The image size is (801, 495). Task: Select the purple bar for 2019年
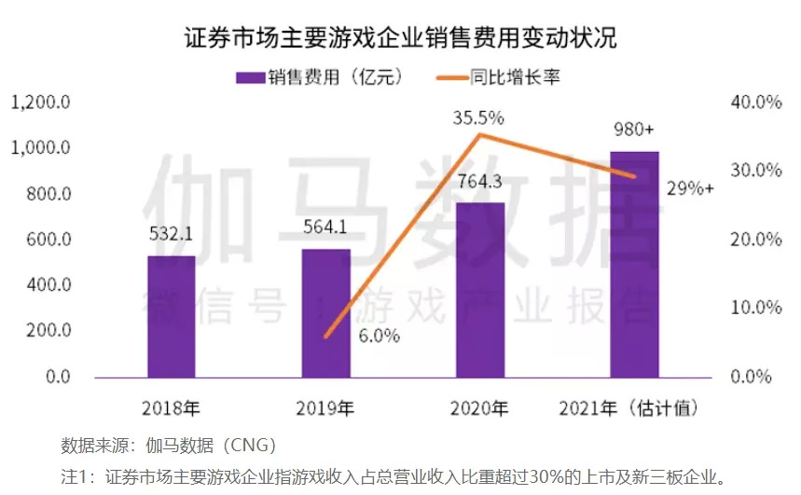pos(326,313)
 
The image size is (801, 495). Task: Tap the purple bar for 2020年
pos(480,290)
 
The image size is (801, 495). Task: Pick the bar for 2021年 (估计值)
pos(635,264)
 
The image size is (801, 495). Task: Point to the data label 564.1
pos(326,227)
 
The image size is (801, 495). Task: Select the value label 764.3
pos(480,181)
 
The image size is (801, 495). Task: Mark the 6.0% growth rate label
pos(379,336)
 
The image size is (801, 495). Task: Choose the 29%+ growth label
pos(691,188)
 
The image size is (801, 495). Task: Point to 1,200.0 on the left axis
pos(41,103)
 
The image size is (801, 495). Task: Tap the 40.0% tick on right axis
pos(754,103)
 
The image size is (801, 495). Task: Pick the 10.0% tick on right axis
pos(754,309)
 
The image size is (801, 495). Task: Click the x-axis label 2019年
pos(325,407)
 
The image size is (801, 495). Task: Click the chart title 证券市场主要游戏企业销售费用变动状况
pos(400,38)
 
